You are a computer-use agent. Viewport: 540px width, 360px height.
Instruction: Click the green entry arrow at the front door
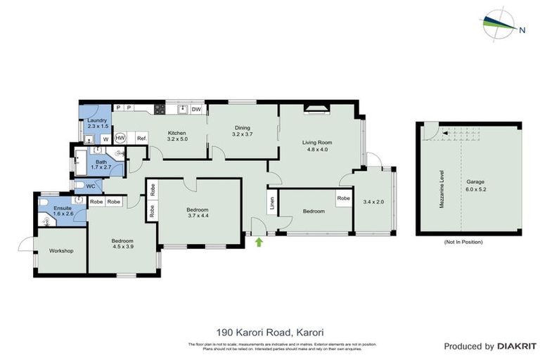click(x=259, y=242)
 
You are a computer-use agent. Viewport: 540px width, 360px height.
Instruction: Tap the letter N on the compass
click(x=522, y=30)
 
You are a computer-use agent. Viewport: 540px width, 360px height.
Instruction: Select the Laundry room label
click(x=96, y=120)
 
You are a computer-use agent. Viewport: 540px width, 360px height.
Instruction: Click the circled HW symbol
click(x=120, y=138)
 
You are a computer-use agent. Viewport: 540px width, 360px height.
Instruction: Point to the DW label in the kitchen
click(x=196, y=110)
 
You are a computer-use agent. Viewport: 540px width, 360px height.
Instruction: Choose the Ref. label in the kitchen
click(x=141, y=138)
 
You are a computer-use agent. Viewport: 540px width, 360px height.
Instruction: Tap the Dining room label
click(x=243, y=127)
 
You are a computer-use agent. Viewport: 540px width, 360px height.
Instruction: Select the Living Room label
click(x=317, y=142)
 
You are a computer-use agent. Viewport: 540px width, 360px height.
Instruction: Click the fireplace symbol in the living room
click(x=316, y=108)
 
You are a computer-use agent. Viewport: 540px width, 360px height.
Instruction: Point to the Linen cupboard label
click(x=272, y=204)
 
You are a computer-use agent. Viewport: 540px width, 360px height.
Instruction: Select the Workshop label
click(x=61, y=251)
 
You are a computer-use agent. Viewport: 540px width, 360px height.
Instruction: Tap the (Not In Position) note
click(x=463, y=242)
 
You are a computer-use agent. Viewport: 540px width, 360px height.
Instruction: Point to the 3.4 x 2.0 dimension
click(x=373, y=202)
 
